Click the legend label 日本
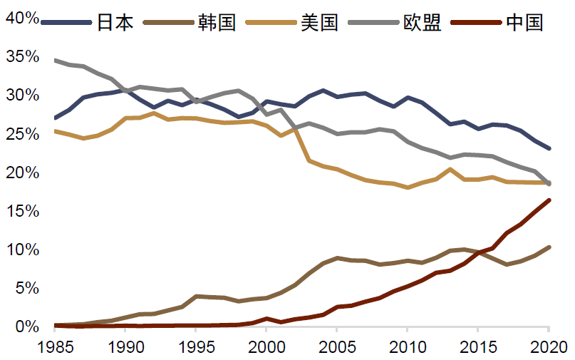point(115,22)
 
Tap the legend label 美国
point(319,22)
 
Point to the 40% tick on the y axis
point(22,18)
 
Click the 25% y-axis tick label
point(22,134)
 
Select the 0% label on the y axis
point(26,326)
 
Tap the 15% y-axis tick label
point(22,211)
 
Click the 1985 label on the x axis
point(56,347)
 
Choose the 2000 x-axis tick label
point(266,347)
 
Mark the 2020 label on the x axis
point(547,347)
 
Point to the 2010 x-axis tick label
point(407,347)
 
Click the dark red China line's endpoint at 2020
point(548,200)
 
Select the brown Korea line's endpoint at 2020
point(548,247)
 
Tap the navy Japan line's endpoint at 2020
point(548,148)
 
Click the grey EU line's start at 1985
point(56,61)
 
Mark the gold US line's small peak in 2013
point(450,170)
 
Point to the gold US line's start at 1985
point(56,131)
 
